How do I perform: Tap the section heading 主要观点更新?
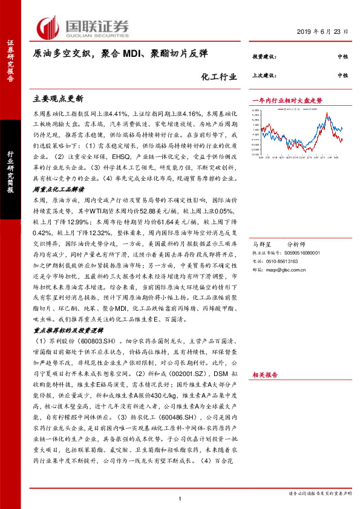click(x=57, y=97)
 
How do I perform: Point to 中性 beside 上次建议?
click(x=342, y=75)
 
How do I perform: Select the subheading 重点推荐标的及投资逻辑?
click(x=67, y=331)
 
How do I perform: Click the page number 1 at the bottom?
click(x=180, y=498)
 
